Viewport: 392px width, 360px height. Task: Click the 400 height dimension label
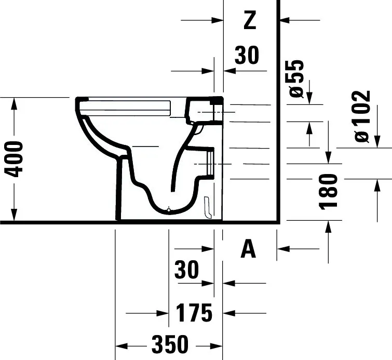[13, 159]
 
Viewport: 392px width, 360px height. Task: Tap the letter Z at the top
[250, 20]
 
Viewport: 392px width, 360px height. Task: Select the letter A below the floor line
[248, 249]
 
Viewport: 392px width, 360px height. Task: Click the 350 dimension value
[170, 345]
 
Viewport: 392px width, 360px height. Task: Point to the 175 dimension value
[194, 313]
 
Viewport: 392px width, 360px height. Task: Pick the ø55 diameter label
[296, 78]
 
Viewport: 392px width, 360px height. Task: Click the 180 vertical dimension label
[328, 191]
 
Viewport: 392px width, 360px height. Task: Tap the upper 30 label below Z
[247, 55]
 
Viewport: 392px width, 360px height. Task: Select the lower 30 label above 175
[186, 269]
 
